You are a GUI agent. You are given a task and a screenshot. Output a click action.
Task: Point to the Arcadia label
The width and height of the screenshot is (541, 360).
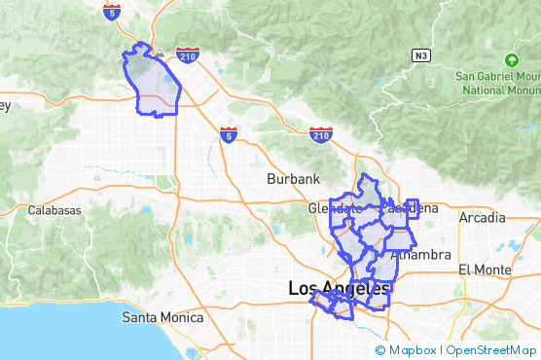[483, 217]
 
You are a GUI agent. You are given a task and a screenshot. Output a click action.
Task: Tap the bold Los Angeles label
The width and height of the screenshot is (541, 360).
[339, 289]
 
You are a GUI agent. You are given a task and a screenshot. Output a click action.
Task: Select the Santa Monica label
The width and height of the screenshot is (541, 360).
[162, 317]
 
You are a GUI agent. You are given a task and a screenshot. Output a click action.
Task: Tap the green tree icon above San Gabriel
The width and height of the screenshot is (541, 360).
[512, 59]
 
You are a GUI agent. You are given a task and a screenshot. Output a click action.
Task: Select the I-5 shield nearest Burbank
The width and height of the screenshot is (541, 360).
[228, 134]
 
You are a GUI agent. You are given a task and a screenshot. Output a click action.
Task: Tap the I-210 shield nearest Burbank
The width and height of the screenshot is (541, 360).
[321, 133]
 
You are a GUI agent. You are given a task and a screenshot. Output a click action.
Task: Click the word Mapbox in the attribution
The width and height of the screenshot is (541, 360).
[413, 350]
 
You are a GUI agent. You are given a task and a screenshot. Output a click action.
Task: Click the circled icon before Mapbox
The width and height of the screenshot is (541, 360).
[380, 350]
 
